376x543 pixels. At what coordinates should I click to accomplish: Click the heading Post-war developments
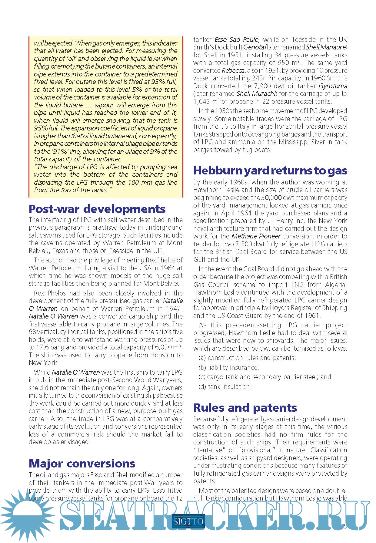coord(97,209)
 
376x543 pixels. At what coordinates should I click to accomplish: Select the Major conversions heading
coord(82,463)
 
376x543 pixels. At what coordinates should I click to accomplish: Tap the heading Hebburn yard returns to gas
coord(270,170)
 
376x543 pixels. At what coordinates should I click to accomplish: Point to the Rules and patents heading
coord(245,407)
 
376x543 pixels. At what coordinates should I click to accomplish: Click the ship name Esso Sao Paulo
coord(237,40)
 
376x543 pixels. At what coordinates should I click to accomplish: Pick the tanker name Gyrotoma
coord(333,86)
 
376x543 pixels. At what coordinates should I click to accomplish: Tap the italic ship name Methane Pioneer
coord(256,236)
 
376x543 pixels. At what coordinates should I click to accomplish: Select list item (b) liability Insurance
coord(229,367)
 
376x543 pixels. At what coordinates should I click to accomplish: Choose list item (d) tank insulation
coord(225,386)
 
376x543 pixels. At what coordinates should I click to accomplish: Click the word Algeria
coord(336,285)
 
